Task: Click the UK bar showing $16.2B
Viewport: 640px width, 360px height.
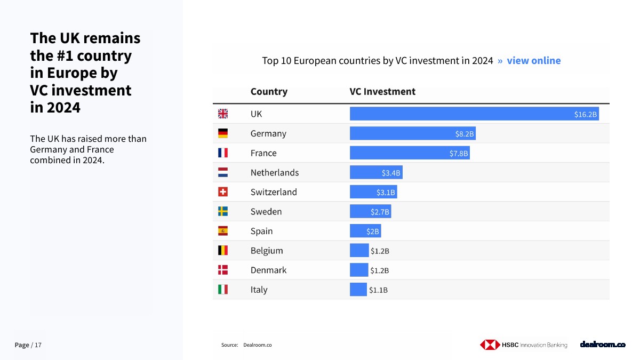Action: tap(474, 114)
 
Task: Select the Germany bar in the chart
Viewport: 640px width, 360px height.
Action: tap(412, 133)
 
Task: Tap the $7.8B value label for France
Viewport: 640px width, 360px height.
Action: tap(459, 154)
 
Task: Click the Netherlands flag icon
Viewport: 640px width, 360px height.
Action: tap(223, 172)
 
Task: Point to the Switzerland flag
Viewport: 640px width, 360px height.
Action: tap(223, 192)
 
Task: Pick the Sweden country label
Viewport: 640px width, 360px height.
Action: tap(266, 212)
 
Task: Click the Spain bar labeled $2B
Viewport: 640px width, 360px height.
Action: tap(365, 231)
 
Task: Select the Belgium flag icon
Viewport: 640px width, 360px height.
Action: tap(223, 250)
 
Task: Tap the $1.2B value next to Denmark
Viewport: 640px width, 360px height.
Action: tap(380, 270)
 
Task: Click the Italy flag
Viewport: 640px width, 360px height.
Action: tap(223, 290)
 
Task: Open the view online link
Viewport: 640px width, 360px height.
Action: tap(533, 60)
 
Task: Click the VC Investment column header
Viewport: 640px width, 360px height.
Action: tap(382, 91)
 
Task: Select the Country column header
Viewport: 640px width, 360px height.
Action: tap(269, 91)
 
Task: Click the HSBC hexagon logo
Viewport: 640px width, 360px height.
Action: tap(490, 345)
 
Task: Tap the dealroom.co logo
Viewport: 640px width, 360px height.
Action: tap(602, 345)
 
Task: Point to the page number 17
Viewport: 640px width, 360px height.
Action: tap(38, 345)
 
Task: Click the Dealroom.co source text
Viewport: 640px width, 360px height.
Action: tap(257, 345)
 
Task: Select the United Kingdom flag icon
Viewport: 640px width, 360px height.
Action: tap(223, 114)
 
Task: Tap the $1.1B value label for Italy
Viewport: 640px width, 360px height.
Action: tap(378, 290)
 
